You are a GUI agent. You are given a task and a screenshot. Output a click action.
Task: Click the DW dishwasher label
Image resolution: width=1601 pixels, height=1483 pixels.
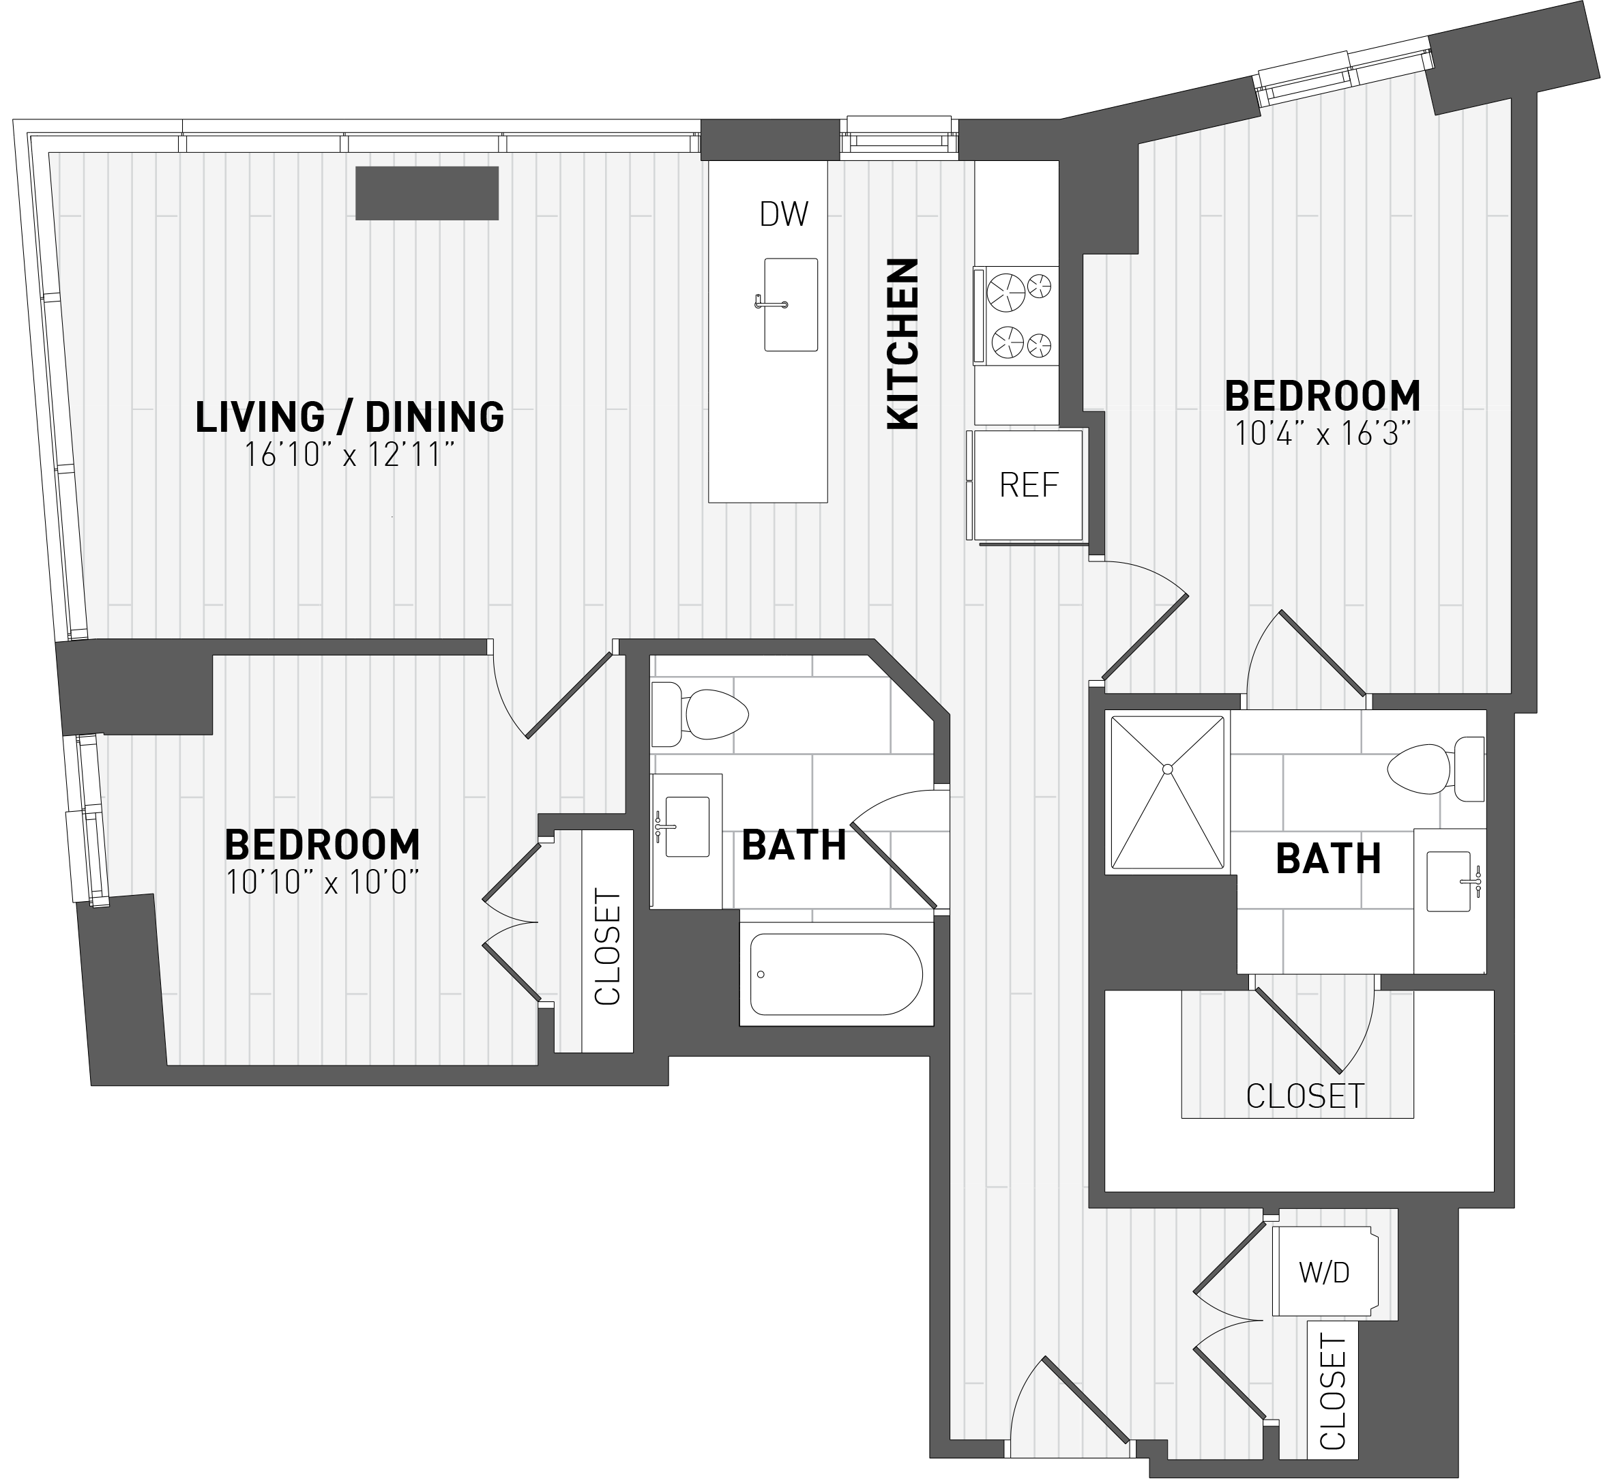[783, 214]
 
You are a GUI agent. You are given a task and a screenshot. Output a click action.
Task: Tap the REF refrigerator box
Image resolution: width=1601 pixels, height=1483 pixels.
[1027, 485]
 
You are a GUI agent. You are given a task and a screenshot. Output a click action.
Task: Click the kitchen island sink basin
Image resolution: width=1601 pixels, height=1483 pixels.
[791, 305]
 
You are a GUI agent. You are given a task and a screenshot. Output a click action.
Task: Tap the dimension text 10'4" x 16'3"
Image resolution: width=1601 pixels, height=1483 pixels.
[1322, 434]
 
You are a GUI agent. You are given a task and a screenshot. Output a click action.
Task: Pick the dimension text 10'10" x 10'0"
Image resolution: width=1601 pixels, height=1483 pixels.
[323, 883]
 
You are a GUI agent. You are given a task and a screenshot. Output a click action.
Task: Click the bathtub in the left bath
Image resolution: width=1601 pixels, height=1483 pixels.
[836, 974]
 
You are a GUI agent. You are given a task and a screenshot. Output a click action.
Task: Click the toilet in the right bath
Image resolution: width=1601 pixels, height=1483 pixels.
[1436, 769]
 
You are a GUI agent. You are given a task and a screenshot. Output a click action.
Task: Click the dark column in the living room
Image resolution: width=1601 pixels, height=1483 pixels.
[427, 192]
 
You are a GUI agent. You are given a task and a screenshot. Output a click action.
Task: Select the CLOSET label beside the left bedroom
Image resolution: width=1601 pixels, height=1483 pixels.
[608, 947]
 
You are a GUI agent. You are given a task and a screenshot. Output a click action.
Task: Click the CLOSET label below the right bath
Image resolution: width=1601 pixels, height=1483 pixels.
[1305, 1096]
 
